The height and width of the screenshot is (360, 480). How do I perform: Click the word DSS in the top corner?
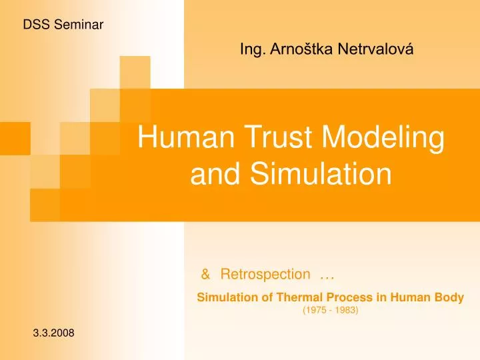point(35,25)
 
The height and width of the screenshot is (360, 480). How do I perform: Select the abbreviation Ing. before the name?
point(251,49)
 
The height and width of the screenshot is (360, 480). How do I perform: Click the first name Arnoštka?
point(296,49)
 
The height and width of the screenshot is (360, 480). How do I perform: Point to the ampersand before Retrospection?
point(206,274)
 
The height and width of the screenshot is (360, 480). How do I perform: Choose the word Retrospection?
point(265,275)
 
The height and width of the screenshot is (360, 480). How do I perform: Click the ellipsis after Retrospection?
point(327,275)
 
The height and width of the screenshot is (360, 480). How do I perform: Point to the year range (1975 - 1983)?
point(331,311)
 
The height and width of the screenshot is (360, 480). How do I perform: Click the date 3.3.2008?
point(54,333)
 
